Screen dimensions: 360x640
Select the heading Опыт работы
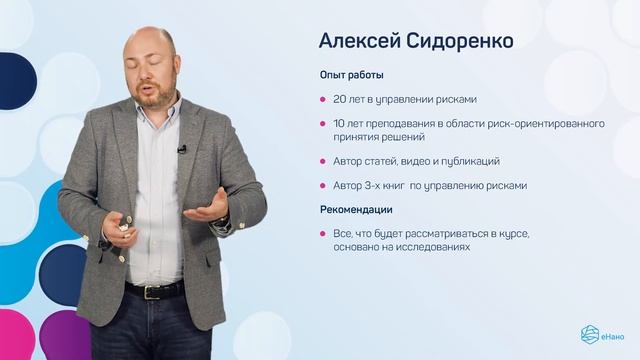(351, 75)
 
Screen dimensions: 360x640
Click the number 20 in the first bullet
(341, 99)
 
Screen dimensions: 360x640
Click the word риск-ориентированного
(555, 123)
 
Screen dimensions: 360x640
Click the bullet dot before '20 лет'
(322, 99)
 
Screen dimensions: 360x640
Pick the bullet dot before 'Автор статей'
(322, 160)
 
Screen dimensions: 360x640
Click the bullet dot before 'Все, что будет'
(322, 234)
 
